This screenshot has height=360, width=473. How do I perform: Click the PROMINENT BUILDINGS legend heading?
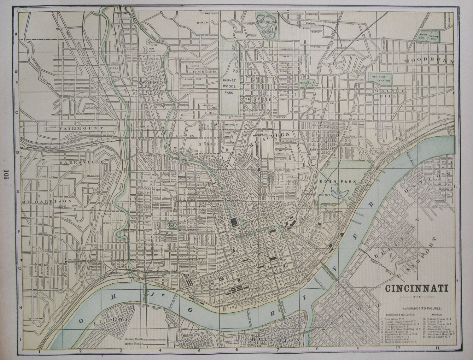point(399,315)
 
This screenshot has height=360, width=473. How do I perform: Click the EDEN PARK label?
point(342,181)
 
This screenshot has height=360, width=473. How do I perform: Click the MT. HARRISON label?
point(47,201)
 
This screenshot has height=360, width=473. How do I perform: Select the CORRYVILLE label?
point(255,99)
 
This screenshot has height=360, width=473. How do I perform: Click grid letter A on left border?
point(15,34)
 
